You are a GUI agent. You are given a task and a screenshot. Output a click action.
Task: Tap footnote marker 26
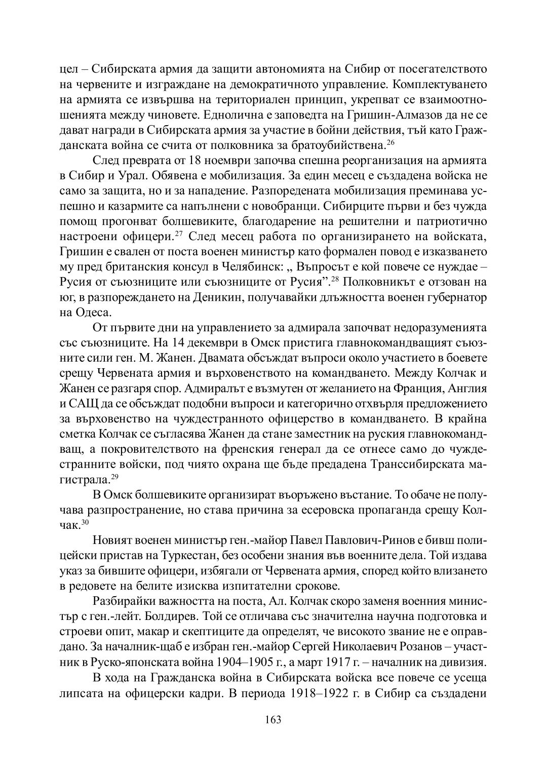click(390, 142)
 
